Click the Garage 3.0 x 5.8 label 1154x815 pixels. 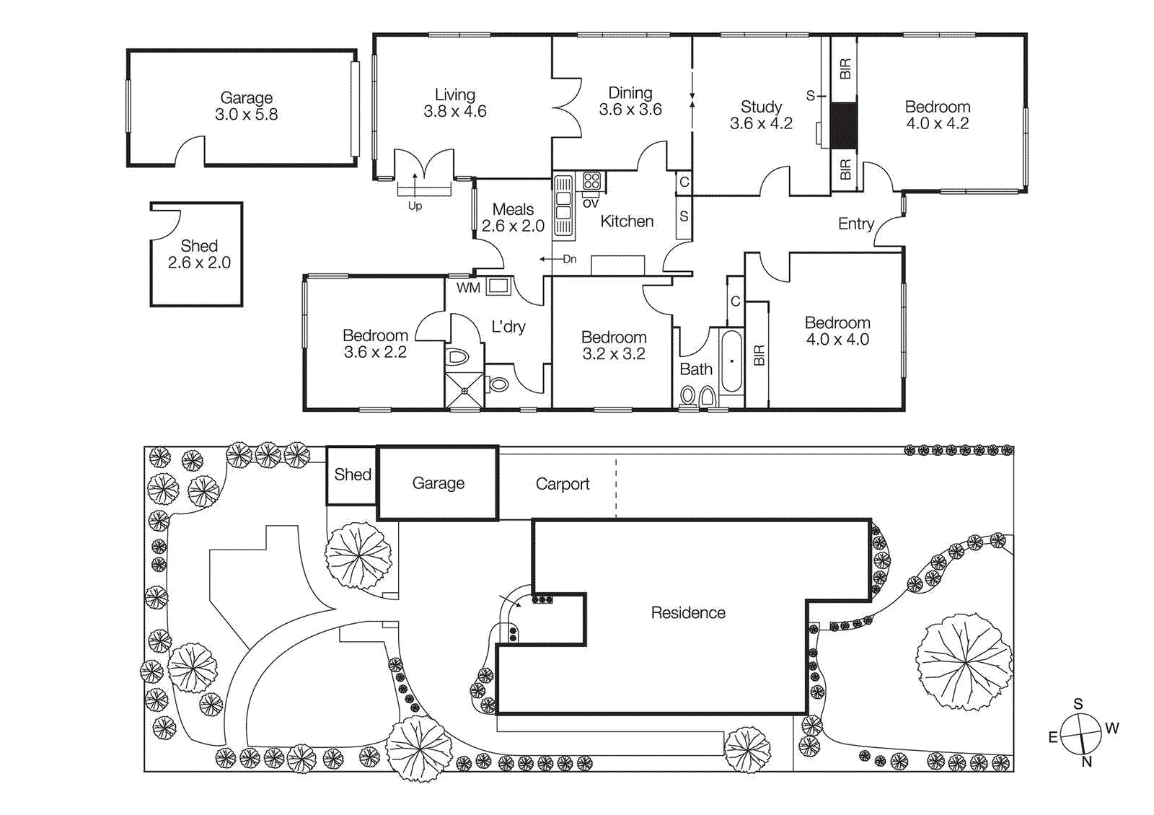click(246, 106)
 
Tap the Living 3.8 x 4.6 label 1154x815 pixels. click(454, 103)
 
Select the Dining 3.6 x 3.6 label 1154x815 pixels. click(630, 101)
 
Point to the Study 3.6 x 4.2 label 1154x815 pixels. click(761, 115)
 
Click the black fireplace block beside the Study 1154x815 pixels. click(843, 126)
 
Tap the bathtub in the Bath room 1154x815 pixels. click(731, 361)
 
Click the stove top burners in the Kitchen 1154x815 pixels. click(592, 180)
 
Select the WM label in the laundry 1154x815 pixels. click(468, 288)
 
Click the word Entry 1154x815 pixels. click(855, 224)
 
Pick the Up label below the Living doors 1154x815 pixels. click(415, 206)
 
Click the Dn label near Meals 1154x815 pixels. click(569, 259)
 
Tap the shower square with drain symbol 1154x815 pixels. click(464, 390)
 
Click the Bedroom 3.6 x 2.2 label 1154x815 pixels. click(375, 343)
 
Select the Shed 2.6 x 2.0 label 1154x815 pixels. click(199, 254)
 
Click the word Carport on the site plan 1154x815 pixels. click(562, 484)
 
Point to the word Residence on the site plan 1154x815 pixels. click(687, 612)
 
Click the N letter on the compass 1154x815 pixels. click(1086, 762)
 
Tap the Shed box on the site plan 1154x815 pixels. click(352, 475)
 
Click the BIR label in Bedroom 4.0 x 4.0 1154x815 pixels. click(758, 355)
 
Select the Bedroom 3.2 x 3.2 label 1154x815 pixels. click(613, 345)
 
